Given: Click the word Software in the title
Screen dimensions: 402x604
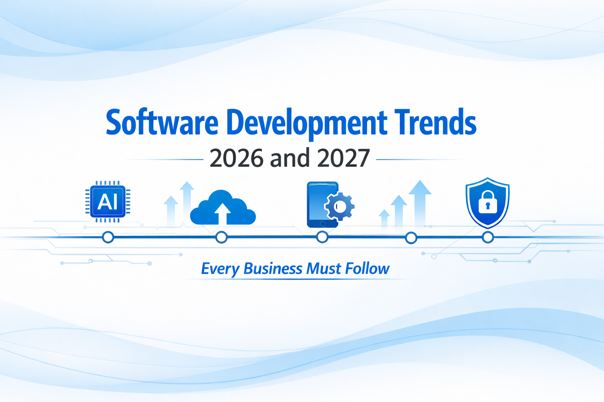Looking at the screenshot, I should click(162, 122).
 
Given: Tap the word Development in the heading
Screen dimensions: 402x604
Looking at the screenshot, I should click(306, 122).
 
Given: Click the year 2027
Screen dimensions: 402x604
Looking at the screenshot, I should click(343, 158).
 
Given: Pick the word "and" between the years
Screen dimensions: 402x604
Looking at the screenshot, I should click(290, 158).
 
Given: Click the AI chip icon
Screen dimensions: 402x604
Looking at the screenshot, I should click(108, 202).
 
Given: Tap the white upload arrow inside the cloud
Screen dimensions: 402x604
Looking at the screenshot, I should click(223, 213).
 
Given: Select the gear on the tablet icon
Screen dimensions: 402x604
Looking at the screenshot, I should click(339, 206).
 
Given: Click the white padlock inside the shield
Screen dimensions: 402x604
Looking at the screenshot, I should click(488, 202).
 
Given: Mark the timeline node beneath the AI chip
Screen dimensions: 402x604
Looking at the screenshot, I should click(108, 238).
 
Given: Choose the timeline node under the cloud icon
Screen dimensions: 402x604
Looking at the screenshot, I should click(221, 238).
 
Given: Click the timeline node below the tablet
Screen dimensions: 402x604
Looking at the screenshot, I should click(322, 237).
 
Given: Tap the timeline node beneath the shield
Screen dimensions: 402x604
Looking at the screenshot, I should click(488, 238).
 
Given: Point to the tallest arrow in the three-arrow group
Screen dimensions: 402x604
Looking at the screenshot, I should click(420, 200).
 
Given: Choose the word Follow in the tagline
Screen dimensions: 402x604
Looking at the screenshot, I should click(367, 269).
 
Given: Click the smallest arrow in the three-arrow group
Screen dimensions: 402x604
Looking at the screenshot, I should click(384, 219).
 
